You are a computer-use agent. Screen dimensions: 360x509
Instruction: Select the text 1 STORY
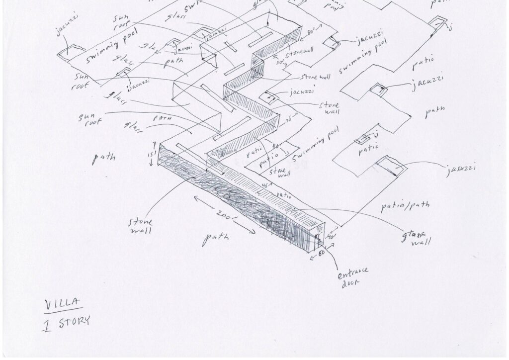(x=67, y=322)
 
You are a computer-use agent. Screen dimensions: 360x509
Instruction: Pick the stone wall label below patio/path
(x=414, y=238)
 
